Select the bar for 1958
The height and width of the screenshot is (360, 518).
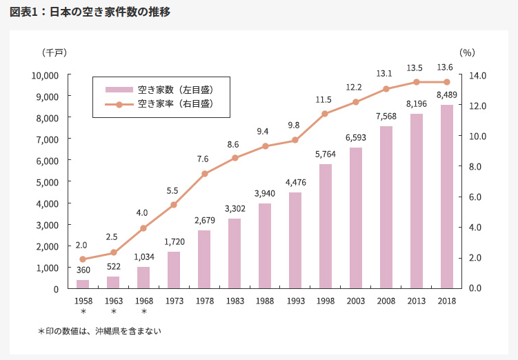pos(83,284)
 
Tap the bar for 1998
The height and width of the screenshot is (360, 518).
pos(326,226)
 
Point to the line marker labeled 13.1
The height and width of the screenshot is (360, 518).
pos(386,89)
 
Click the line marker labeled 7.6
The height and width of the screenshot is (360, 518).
pos(204,174)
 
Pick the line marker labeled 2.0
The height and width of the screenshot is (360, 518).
pos(83,259)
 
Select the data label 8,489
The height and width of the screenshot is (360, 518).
pos(447,95)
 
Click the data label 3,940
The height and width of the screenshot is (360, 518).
pos(264,193)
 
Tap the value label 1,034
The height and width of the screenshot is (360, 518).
pos(143,257)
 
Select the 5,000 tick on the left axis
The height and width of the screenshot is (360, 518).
pos(48,182)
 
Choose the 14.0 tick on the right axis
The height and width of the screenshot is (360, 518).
pos(479,75)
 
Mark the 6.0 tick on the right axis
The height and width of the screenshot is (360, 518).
pos(479,197)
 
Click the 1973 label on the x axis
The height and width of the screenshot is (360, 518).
pos(174,301)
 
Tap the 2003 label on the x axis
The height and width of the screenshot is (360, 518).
pos(356,301)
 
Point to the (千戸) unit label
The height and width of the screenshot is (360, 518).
pos(55,52)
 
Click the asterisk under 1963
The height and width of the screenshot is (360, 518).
pos(113,312)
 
